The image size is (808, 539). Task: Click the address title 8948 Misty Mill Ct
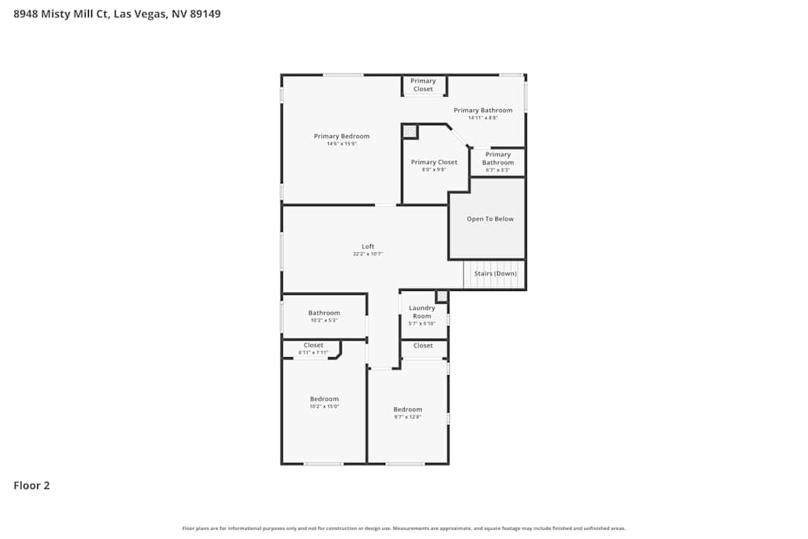pyautogui.click(x=117, y=14)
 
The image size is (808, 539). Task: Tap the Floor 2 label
pyautogui.click(x=32, y=486)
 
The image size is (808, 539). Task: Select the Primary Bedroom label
pyautogui.click(x=342, y=137)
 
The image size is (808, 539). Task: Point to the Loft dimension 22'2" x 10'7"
pyautogui.click(x=368, y=254)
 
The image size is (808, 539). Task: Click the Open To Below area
pyautogui.click(x=490, y=219)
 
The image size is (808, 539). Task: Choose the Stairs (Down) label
pyautogui.click(x=495, y=274)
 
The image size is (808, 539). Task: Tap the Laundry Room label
pyautogui.click(x=422, y=311)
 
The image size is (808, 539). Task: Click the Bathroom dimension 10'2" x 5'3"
pyautogui.click(x=324, y=321)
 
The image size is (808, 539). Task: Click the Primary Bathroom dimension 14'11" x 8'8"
pyautogui.click(x=482, y=118)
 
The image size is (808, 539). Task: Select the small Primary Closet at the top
pyautogui.click(x=423, y=85)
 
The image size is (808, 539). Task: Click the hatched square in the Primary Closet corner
pyautogui.click(x=410, y=132)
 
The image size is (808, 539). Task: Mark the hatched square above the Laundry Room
pyautogui.click(x=441, y=297)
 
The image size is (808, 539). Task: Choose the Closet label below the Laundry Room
pyautogui.click(x=423, y=346)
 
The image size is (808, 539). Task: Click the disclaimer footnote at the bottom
pyautogui.click(x=404, y=528)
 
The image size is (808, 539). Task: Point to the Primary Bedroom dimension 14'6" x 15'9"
pyautogui.click(x=342, y=144)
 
